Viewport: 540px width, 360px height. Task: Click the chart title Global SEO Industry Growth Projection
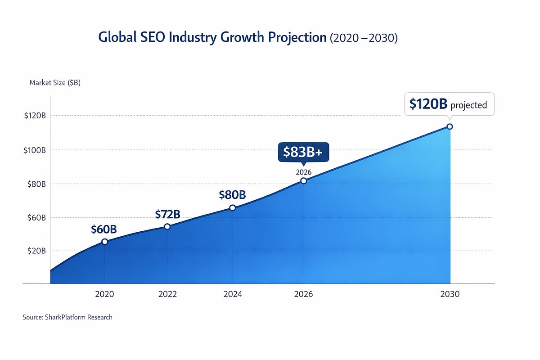[x=212, y=38]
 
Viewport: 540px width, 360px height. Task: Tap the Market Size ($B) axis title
[x=55, y=83]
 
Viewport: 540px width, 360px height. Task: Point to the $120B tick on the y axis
[x=35, y=116]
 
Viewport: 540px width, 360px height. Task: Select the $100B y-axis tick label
[x=35, y=150]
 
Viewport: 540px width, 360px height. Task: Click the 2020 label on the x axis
[x=104, y=294]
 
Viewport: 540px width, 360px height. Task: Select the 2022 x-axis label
[x=167, y=294]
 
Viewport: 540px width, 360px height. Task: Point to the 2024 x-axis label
[x=232, y=294]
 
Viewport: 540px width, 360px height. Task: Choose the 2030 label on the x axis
[x=450, y=294]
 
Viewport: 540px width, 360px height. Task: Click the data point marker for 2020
[x=104, y=242]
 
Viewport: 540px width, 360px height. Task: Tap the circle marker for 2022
[x=167, y=226]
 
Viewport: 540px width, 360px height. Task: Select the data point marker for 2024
[x=232, y=207]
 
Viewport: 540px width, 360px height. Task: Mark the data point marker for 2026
[x=303, y=180]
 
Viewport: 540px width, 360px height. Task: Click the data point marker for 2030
[x=449, y=126]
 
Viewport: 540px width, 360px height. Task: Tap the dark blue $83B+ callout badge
[x=303, y=153]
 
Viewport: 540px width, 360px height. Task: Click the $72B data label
[x=167, y=214]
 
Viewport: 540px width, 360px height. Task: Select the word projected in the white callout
[x=468, y=105]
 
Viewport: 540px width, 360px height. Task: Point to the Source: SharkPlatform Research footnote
[x=67, y=317]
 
